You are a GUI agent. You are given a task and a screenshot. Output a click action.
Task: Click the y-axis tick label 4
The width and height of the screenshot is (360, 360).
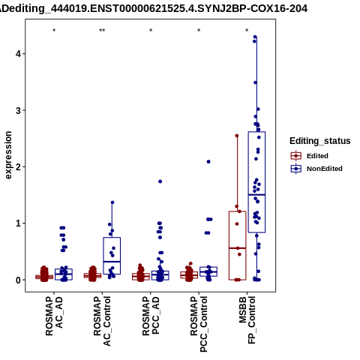pyautogui.click(x=19, y=54)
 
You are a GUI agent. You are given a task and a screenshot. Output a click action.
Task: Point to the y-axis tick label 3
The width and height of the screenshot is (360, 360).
pyautogui.click(x=19, y=110)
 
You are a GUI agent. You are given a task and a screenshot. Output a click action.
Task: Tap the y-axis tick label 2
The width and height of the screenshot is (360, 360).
pyautogui.click(x=19, y=166)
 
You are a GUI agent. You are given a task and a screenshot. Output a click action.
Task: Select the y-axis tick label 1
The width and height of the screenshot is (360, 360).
pyautogui.click(x=19, y=223)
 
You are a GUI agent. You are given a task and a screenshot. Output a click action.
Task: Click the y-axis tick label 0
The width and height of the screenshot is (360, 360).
pyautogui.click(x=19, y=280)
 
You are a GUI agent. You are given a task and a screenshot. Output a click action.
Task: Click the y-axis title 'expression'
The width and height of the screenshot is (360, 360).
pyautogui.click(x=8, y=155)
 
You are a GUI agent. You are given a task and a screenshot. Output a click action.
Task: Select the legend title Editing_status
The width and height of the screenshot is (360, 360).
pyautogui.click(x=320, y=141)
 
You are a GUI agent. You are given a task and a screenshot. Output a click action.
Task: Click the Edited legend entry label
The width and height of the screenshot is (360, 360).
pyautogui.click(x=317, y=156)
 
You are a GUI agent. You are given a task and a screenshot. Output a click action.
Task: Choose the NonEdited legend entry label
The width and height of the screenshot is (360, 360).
pyautogui.click(x=325, y=169)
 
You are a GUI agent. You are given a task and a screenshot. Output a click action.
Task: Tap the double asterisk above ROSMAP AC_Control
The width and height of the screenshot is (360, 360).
pyautogui.click(x=102, y=31)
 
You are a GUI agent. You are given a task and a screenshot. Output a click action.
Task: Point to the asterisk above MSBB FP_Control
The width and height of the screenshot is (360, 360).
pyautogui.click(x=247, y=31)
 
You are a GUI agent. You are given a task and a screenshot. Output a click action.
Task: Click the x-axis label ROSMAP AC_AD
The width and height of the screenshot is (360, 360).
pyautogui.click(x=54, y=316)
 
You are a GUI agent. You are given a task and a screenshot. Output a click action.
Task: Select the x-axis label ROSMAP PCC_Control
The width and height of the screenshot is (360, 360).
pyautogui.click(x=199, y=324)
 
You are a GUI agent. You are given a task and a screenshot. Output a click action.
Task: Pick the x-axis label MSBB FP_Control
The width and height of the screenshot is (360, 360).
pyautogui.click(x=247, y=320)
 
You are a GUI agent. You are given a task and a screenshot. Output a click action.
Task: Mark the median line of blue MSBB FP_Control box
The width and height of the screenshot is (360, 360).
pyautogui.click(x=256, y=194)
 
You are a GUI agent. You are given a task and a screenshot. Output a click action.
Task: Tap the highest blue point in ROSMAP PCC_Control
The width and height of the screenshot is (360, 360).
pyautogui.click(x=208, y=162)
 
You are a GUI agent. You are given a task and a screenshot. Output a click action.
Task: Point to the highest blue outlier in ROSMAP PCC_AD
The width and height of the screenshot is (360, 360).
pyautogui.click(x=160, y=181)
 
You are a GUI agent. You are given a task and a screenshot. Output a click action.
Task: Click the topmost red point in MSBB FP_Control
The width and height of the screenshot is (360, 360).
pyautogui.click(x=237, y=136)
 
